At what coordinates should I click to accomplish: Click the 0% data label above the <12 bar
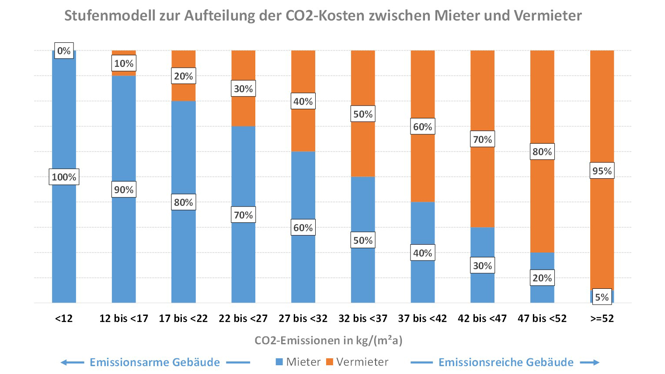coord(64,51)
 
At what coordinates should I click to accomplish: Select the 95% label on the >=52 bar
coord(602,171)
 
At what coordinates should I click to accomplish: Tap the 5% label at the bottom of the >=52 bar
coord(602,297)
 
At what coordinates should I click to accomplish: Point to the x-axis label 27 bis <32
coord(303,319)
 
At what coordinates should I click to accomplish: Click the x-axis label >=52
coord(602,319)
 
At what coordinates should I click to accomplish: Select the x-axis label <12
coord(64,319)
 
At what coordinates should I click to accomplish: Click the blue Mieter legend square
coord(279,362)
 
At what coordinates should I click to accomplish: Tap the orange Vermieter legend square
coord(330,362)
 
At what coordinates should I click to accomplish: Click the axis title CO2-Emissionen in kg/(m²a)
coord(328,340)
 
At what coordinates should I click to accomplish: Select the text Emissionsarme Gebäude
coord(155,362)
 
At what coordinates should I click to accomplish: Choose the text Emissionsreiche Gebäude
coord(506,362)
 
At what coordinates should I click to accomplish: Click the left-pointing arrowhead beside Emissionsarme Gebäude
coord(64,362)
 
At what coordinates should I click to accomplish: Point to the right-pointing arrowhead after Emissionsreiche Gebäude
coord(595,362)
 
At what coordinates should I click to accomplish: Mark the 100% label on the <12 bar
coord(64,177)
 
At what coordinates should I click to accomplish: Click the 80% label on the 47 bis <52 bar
coord(542,152)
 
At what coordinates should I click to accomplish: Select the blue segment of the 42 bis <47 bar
coord(482,242)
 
